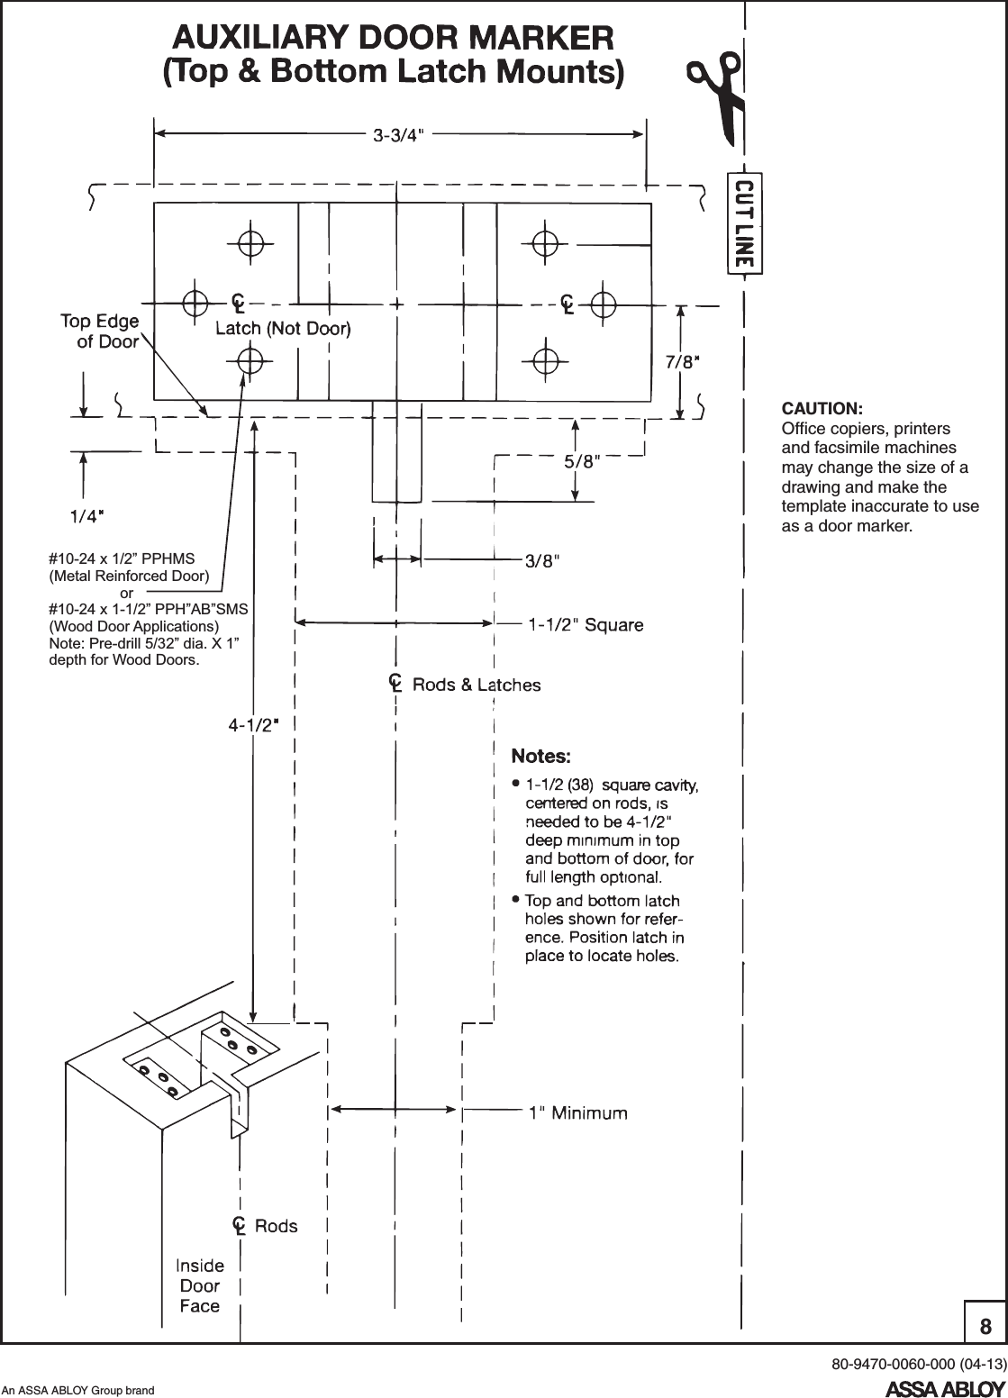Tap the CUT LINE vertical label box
[x=744, y=222]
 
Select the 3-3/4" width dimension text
[x=399, y=136]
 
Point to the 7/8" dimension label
[x=683, y=362]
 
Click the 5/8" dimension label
[x=582, y=462]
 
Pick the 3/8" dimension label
[x=543, y=560]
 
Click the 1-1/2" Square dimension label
[x=586, y=624]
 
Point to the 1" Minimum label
[x=577, y=1113]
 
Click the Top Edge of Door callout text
[x=99, y=331]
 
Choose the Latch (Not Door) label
[x=282, y=329]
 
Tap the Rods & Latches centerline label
[x=476, y=685]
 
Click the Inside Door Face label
[x=199, y=1285]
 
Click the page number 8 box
[x=985, y=1326]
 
